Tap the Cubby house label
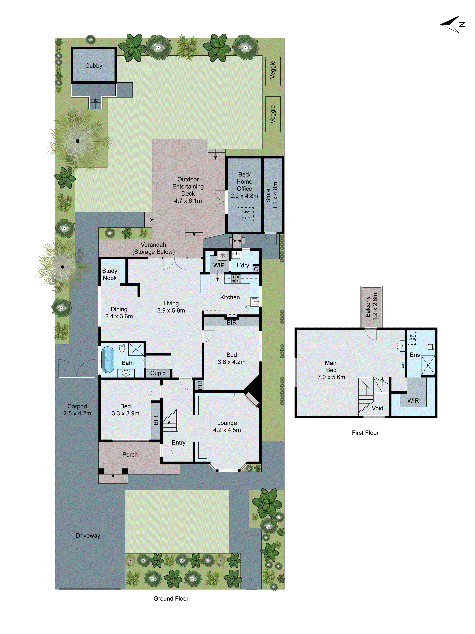pyautogui.click(x=94, y=66)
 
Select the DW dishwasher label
pyautogui.click(x=246, y=309)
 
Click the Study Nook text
pyautogui.click(x=110, y=274)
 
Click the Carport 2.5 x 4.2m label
pyautogui.click(x=77, y=410)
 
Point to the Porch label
pyautogui.click(x=130, y=455)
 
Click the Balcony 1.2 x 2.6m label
pyautogui.click(x=371, y=307)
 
